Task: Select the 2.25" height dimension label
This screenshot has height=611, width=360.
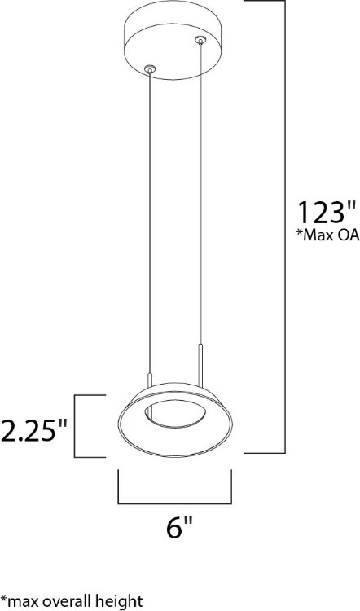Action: coord(33,429)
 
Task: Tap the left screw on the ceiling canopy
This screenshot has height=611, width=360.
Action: coord(147,69)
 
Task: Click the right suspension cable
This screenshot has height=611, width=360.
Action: coord(200,204)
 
